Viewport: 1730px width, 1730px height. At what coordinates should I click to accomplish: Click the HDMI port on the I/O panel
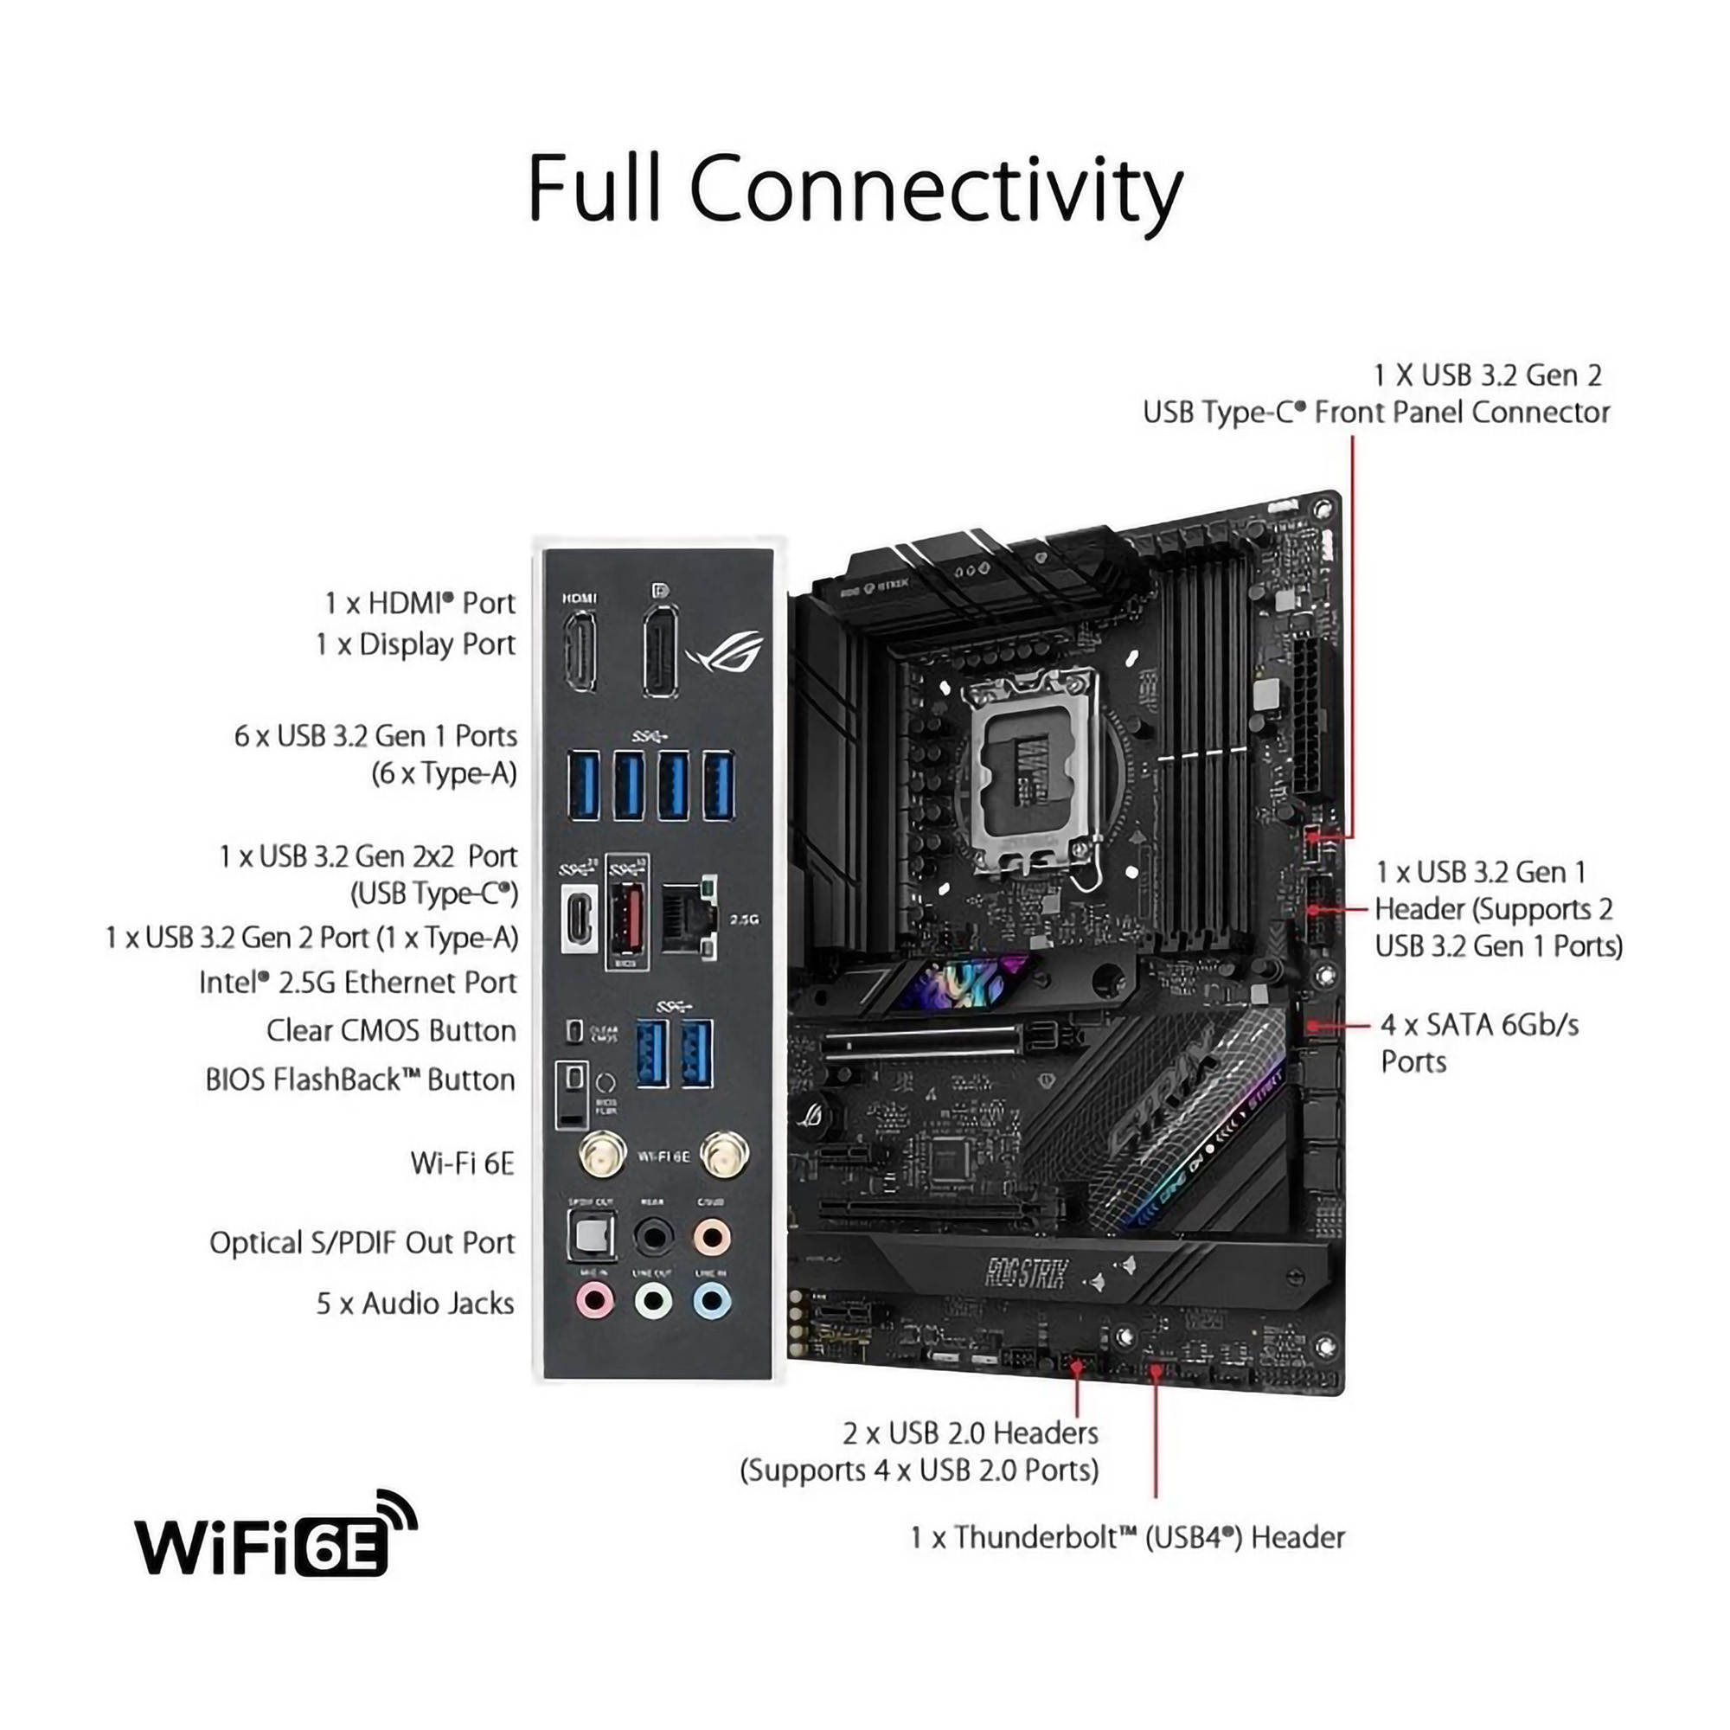(x=580, y=651)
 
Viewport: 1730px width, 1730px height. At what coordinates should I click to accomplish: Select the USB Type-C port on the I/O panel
(x=580, y=917)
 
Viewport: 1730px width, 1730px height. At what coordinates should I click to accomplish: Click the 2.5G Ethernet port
(x=688, y=919)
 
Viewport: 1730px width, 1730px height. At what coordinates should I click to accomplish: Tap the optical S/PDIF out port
(x=592, y=1237)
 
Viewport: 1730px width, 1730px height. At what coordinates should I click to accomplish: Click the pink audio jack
(x=594, y=1299)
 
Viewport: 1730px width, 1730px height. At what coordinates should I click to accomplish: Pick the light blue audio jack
(x=712, y=1300)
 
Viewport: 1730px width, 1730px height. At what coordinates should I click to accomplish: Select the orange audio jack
(x=712, y=1239)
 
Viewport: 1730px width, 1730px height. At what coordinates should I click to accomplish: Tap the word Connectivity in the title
(x=936, y=189)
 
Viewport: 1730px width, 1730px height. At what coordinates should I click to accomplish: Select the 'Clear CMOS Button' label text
(x=391, y=1031)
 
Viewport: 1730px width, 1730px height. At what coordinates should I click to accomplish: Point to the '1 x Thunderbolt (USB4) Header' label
(x=1127, y=1537)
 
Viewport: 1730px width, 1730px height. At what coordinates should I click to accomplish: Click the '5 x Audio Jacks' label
(x=415, y=1304)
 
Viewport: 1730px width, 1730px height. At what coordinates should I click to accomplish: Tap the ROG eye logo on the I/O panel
(x=727, y=651)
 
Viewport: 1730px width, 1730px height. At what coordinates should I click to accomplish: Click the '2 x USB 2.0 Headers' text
(x=970, y=1433)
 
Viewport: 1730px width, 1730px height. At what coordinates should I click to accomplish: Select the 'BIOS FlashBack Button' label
(x=360, y=1080)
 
